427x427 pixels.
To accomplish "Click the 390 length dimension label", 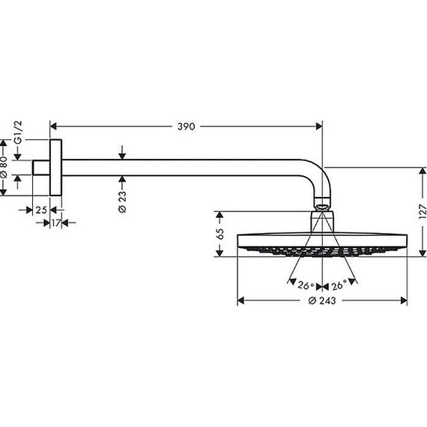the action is (x=187, y=127).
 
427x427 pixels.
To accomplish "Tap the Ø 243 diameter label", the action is (x=322, y=300).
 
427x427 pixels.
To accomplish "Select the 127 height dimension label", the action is (x=422, y=211).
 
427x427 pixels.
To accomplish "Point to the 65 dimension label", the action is (x=219, y=234).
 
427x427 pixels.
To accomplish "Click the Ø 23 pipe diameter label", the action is (x=122, y=202).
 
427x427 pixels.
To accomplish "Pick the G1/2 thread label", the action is (x=18, y=133).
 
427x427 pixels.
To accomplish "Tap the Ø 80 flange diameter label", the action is (x=4, y=167).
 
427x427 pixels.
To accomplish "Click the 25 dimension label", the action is (x=41, y=210).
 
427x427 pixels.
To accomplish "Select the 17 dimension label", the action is (x=56, y=223).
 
